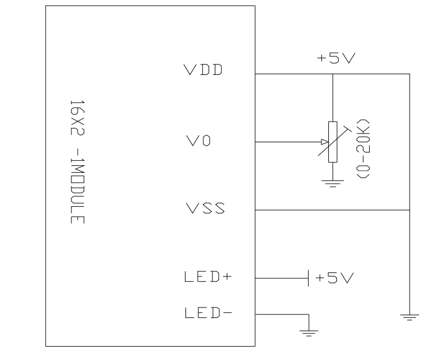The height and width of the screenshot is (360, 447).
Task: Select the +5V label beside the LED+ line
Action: [334, 278]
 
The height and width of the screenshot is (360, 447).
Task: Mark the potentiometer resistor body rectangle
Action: [333, 142]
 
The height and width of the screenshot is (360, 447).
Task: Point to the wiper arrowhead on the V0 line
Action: [324, 142]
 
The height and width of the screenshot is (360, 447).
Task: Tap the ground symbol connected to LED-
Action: [310, 331]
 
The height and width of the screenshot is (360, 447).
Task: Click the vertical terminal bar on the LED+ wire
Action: [310, 278]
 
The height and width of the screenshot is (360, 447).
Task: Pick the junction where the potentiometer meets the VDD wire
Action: [333, 74]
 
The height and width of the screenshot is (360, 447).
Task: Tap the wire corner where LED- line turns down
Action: [310, 314]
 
